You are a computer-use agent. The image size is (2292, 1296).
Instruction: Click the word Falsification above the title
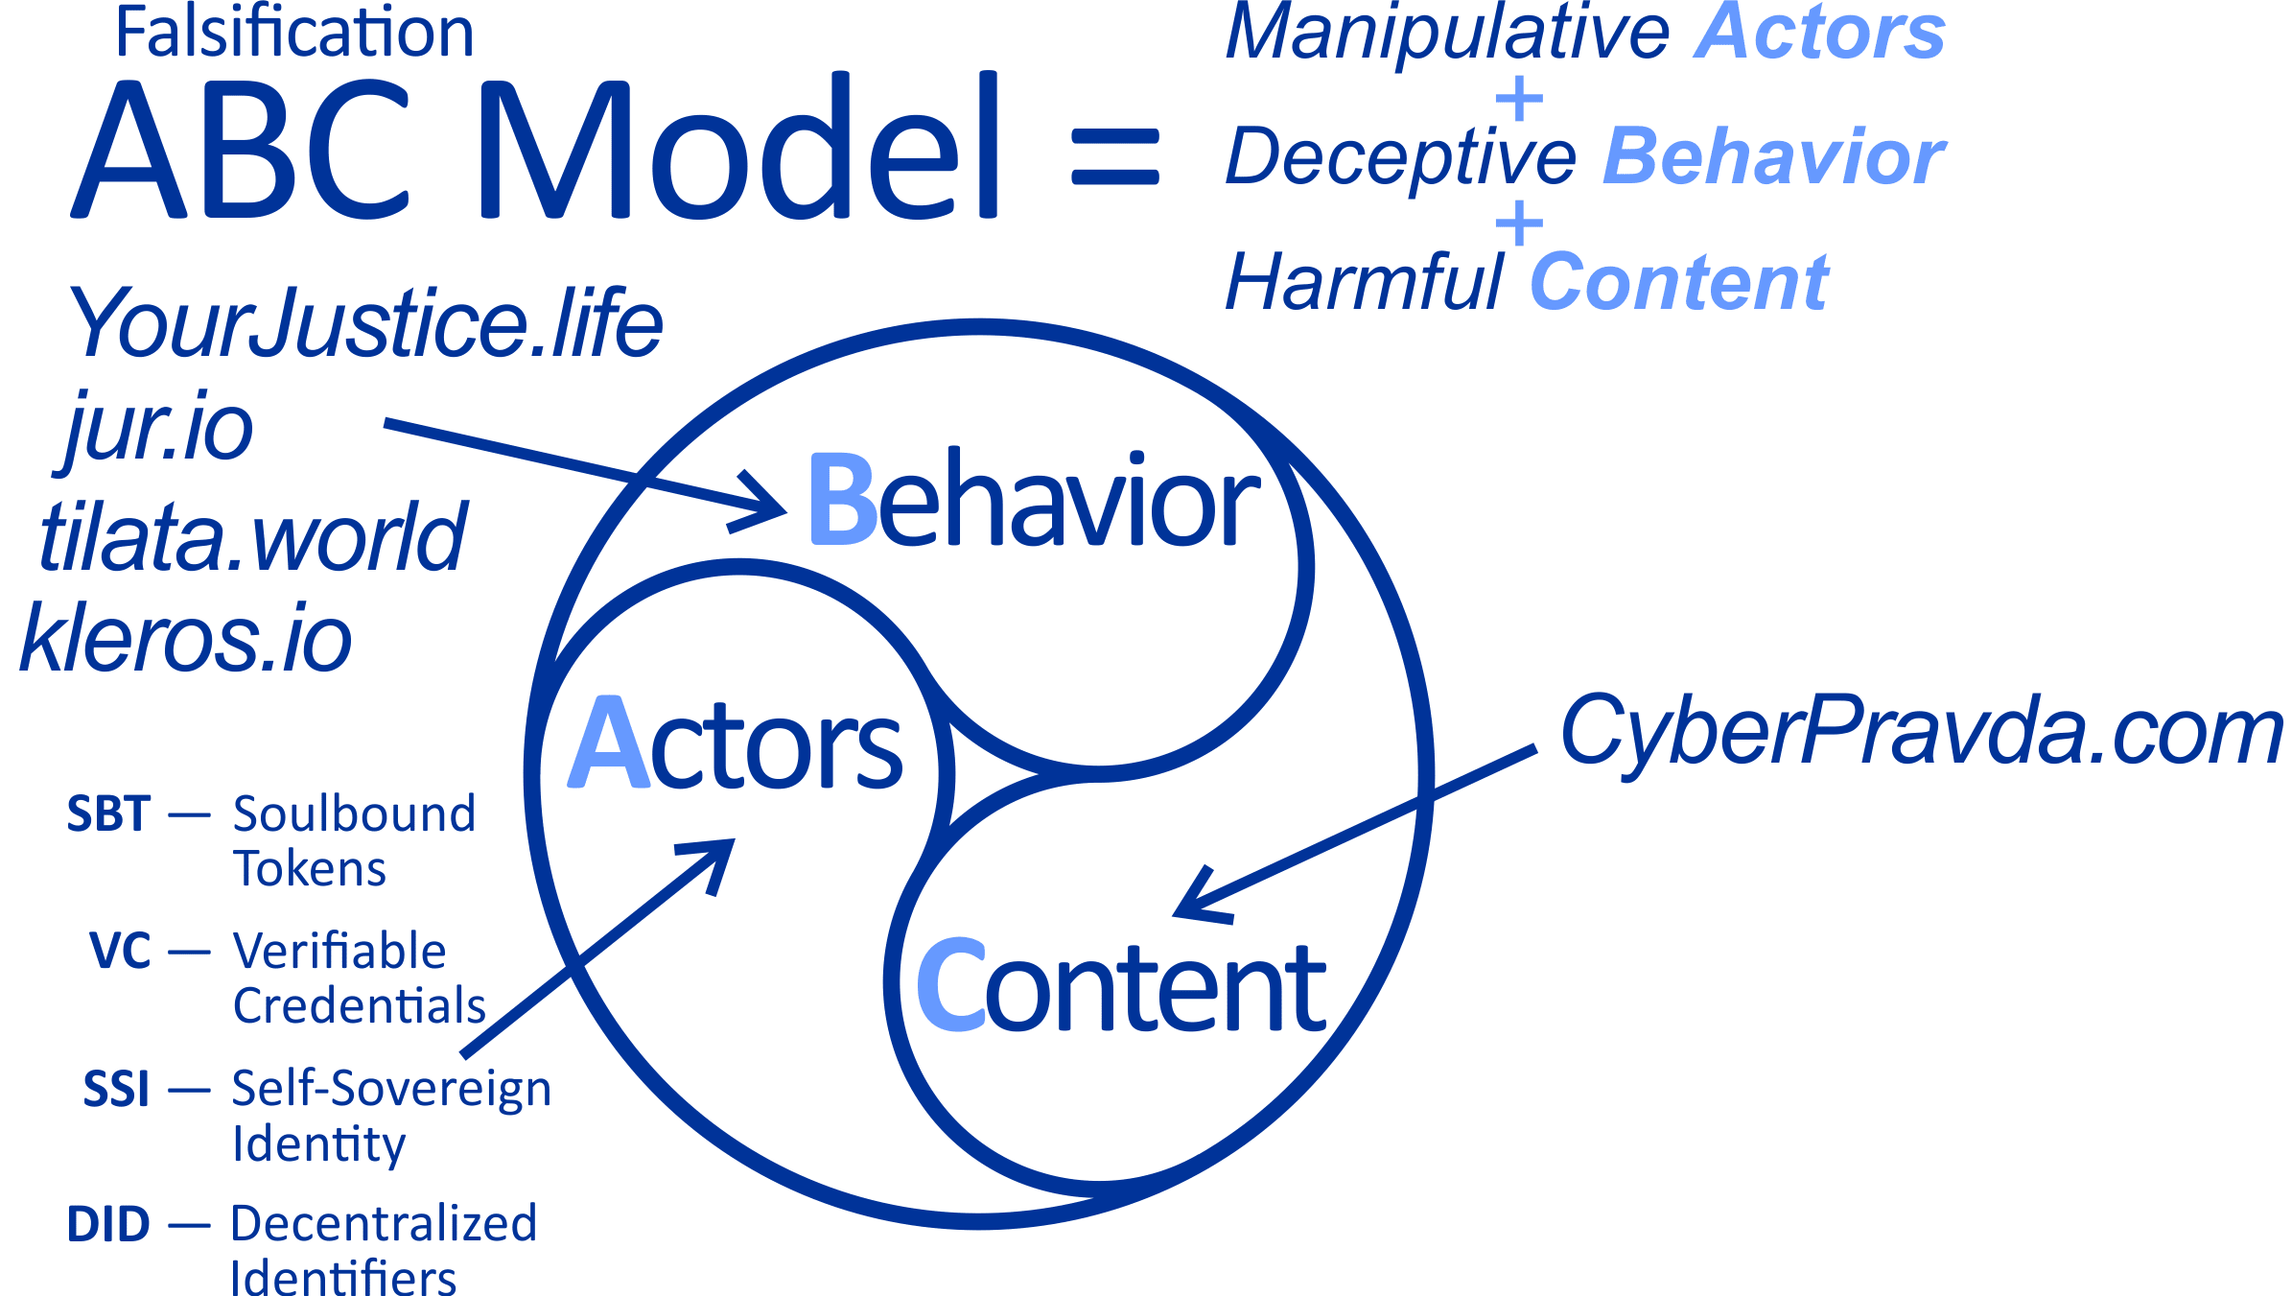293,33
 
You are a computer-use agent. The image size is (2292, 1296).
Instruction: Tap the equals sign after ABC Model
1115,157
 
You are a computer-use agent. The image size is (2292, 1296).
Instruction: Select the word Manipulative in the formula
1448,33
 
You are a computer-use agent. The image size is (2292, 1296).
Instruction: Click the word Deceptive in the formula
1401,156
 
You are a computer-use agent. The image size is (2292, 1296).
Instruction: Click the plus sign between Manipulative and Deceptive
1519,99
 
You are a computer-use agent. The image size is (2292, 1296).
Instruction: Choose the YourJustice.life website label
364,323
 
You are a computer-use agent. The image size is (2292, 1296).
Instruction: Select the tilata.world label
253,537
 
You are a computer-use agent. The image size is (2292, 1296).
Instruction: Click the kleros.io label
186,639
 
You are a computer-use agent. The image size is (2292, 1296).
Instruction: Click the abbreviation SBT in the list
108,814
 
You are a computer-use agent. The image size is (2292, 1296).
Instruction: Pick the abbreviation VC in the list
120,952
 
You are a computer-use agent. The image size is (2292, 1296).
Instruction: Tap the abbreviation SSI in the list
116,1089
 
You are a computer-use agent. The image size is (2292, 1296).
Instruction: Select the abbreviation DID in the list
108,1225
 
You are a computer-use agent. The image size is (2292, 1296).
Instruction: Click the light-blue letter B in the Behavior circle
842,499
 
